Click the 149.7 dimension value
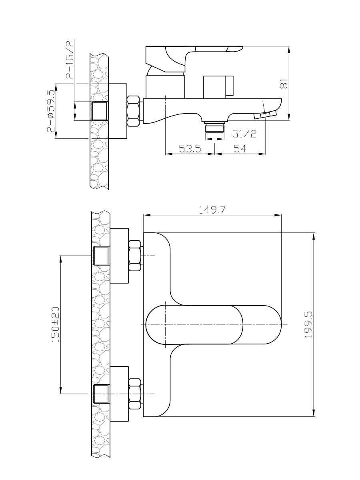coord(212,210)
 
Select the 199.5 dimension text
coord(308,325)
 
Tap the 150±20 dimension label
coord(55,325)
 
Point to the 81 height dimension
coord(284,83)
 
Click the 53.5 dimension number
coord(190,149)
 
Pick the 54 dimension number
coord(240,149)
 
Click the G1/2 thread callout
coord(244,134)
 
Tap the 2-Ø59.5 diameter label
coord(51,111)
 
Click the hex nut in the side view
coord(133,111)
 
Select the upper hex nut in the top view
coord(135,256)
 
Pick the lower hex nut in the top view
coord(135,394)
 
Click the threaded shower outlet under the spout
coord(214,127)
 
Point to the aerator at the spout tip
coord(265,115)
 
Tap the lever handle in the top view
coord(214,325)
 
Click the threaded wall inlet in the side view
coord(100,111)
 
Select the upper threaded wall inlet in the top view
coord(101,256)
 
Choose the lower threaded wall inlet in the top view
coord(101,394)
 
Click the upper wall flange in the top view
coord(119,256)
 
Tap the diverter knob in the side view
coord(218,87)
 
